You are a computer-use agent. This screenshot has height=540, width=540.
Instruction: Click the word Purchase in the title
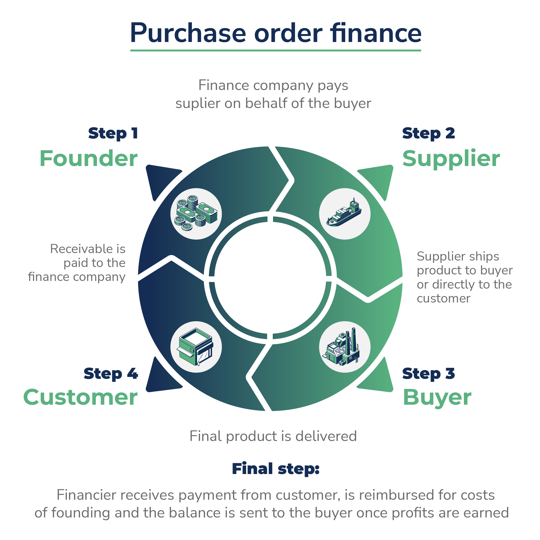click(x=188, y=33)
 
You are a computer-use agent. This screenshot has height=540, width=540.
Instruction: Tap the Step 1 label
click(x=113, y=133)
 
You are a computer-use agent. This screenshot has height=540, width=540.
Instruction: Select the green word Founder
click(x=89, y=159)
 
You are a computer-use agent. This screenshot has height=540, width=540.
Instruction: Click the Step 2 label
click(x=428, y=133)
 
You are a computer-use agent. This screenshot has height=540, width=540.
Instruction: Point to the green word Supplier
click(x=451, y=159)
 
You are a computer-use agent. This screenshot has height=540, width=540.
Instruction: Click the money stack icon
click(x=196, y=214)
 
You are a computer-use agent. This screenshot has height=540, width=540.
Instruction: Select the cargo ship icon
click(x=345, y=214)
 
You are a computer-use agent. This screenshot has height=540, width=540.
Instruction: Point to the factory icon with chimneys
click(x=345, y=347)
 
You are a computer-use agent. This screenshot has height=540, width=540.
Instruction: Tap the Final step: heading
click(x=276, y=469)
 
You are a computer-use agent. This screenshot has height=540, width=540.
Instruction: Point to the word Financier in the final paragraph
click(x=86, y=495)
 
